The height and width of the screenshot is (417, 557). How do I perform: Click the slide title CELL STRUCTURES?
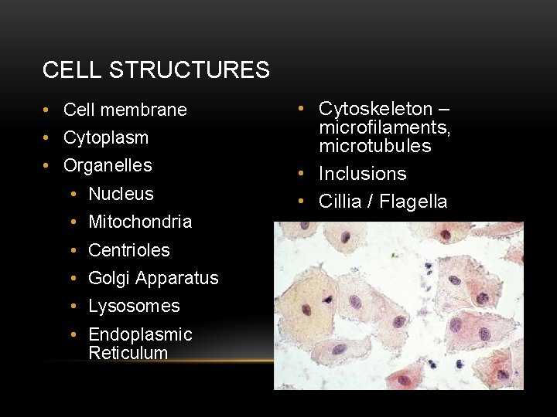click(x=155, y=70)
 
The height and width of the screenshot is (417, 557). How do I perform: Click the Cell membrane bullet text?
click(x=125, y=110)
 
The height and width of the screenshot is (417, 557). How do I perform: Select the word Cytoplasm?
click(x=105, y=138)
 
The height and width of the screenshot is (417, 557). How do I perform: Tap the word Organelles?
click(x=108, y=166)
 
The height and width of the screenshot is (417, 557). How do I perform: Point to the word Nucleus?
click(x=121, y=194)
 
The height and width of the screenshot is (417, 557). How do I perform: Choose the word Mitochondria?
click(x=140, y=222)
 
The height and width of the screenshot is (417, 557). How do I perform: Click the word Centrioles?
click(x=128, y=250)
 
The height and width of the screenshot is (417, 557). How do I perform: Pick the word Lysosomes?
click(x=134, y=306)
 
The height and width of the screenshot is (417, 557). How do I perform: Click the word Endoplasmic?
click(x=140, y=334)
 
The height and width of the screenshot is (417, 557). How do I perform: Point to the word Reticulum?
click(x=128, y=353)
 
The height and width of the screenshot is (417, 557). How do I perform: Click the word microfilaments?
click(x=384, y=127)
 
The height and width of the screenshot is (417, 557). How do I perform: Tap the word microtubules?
click(x=375, y=146)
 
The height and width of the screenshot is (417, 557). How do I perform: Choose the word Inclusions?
click(x=362, y=174)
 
